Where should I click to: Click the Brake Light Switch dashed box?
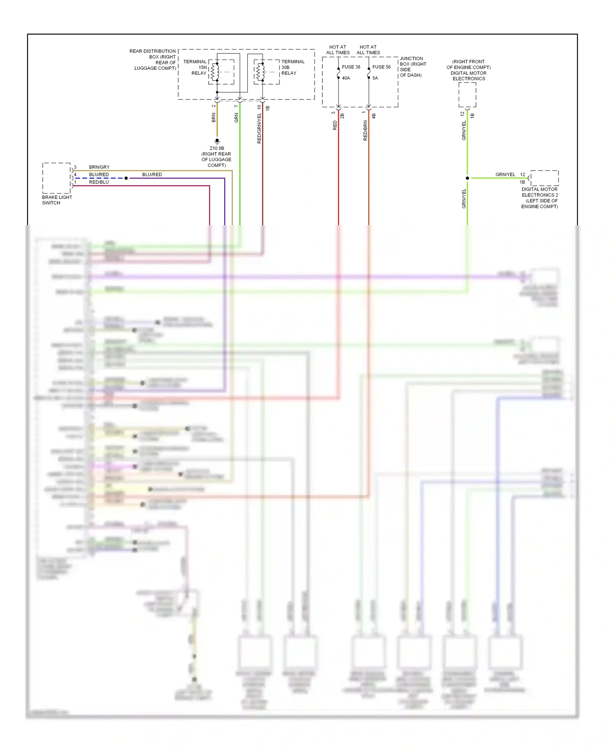point(57,178)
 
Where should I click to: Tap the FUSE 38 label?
point(351,67)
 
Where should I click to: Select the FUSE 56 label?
point(382,67)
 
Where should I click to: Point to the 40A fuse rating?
point(346,78)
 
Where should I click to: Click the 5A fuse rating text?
point(375,78)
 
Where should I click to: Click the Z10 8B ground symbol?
point(217,141)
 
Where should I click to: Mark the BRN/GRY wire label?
point(99,167)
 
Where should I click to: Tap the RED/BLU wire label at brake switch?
point(99,182)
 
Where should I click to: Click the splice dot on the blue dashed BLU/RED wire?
point(126,178)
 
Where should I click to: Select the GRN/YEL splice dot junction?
point(467,178)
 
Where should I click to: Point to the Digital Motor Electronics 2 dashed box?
point(545,178)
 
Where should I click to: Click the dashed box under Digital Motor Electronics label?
point(467,94)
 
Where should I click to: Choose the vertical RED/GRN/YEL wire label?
point(259,128)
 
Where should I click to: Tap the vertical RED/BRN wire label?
point(365,131)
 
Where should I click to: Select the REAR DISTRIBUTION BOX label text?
point(153,51)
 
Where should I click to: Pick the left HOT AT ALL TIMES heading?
point(338,50)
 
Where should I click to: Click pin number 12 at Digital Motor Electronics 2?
point(523,175)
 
